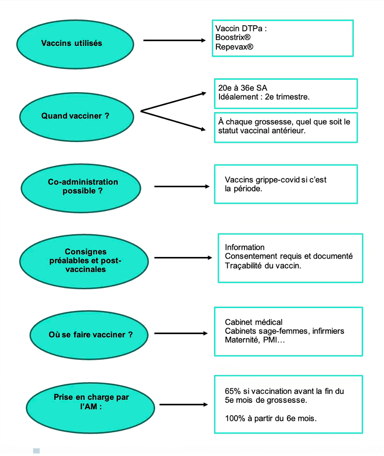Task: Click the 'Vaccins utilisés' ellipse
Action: (75, 44)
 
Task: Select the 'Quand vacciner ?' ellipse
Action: (76, 117)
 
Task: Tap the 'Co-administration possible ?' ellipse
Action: (81, 188)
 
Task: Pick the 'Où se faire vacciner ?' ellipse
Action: (89, 335)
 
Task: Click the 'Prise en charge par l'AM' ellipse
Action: (90, 408)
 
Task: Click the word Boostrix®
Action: (233, 37)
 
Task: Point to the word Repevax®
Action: (235, 47)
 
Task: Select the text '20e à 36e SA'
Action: (243, 88)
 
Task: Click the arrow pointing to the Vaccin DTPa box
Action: (174, 40)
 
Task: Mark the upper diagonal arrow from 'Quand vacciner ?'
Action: (173, 102)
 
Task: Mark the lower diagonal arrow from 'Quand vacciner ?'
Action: (173, 121)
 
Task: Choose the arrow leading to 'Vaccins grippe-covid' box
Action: (182, 187)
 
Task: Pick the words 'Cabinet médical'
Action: (253, 322)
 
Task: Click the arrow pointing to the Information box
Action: (183, 258)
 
